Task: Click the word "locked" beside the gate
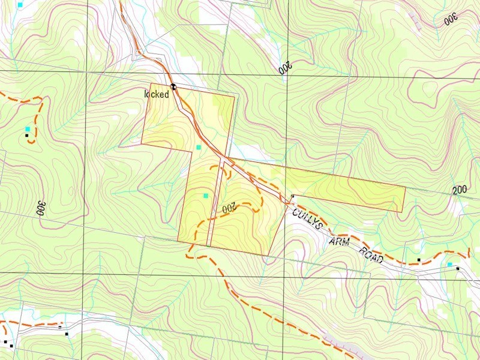pos(156,94)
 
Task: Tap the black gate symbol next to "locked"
pos(172,86)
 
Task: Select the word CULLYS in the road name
pos(308,219)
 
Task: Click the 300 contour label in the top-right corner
pos(450,19)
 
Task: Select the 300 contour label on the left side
pos(41,208)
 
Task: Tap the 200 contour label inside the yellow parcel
pos(231,209)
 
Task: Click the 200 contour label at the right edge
pos(460,190)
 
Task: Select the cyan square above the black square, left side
pos(27,130)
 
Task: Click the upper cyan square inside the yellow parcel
pos(199,147)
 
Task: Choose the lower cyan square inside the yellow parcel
pos(206,196)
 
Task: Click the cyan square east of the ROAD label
pos(449,265)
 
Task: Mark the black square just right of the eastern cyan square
pos(458,269)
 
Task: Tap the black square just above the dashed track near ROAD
pos(419,260)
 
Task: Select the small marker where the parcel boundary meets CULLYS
pos(292,196)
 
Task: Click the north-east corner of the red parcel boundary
pos(406,188)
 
